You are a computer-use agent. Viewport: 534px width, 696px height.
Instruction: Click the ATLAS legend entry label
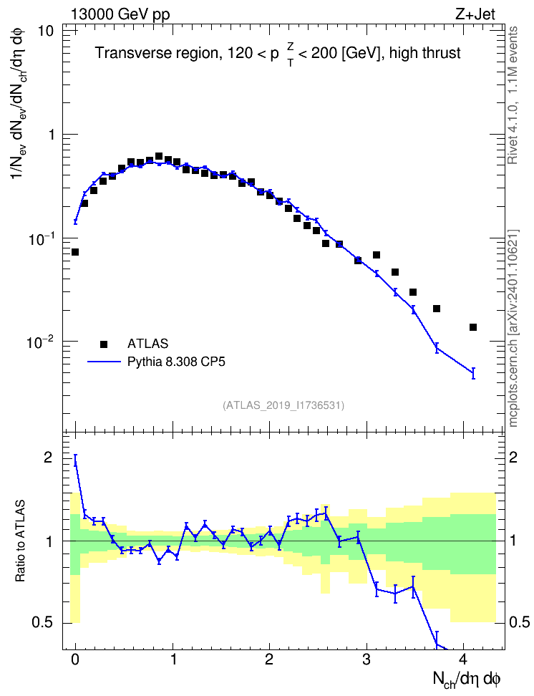(x=147, y=344)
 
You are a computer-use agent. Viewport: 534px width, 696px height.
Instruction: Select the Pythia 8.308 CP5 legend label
(x=176, y=362)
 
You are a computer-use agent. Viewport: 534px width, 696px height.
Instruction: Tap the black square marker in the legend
(x=104, y=344)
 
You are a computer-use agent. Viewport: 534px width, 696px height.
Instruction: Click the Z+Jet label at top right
(x=475, y=14)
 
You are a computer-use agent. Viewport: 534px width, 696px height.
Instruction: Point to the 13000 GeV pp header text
(x=120, y=14)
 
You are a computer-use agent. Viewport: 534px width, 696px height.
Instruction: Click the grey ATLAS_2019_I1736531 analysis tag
(x=283, y=405)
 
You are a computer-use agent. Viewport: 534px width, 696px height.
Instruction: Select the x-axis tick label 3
(x=366, y=659)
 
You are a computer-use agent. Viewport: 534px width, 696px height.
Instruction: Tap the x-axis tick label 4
(x=464, y=659)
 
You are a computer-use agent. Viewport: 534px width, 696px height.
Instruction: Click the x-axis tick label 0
(x=75, y=659)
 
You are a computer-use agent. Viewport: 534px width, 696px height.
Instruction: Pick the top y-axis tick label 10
(x=46, y=31)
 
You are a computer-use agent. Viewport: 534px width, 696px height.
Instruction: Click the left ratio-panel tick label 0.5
(x=42, y=622)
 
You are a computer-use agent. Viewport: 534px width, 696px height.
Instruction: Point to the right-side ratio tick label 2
(x=513, y=457)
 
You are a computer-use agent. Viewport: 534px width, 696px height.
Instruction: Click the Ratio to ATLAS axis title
(x=19, y=541)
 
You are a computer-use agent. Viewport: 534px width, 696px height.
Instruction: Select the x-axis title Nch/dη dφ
(x=467, y=679)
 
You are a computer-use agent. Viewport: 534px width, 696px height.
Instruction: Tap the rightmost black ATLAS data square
(x=473, y=327)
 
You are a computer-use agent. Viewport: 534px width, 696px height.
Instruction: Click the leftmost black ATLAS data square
(x=75, y=252)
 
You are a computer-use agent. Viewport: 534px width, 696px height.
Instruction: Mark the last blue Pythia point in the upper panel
(x=473, y=373)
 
